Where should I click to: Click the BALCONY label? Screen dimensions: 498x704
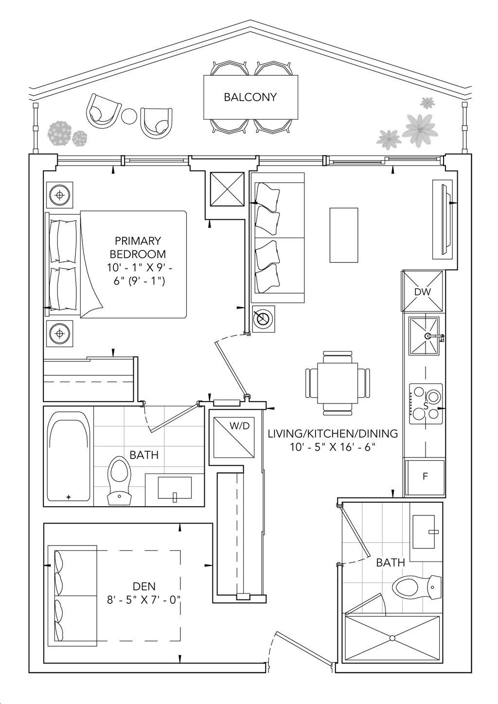click(x=250, y=97)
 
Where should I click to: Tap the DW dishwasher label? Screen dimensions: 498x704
click(x=422, y=292)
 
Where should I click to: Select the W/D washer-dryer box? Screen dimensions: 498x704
click(x=233, y=437)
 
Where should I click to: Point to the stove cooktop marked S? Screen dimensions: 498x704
click(x=426, y=404)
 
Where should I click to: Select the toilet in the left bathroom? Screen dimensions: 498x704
click(x=119, y=480)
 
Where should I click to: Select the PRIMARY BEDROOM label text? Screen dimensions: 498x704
click(x=138, y=247)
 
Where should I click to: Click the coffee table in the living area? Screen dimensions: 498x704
click(x=344, y=235)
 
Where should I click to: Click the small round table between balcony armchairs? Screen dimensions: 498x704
click(x=129, y=117)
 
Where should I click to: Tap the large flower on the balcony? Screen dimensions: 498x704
click(x=420, y=130)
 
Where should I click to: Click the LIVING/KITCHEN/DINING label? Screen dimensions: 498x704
click(x=333, y=434)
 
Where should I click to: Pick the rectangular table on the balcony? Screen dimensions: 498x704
click(x=250, y=97)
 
